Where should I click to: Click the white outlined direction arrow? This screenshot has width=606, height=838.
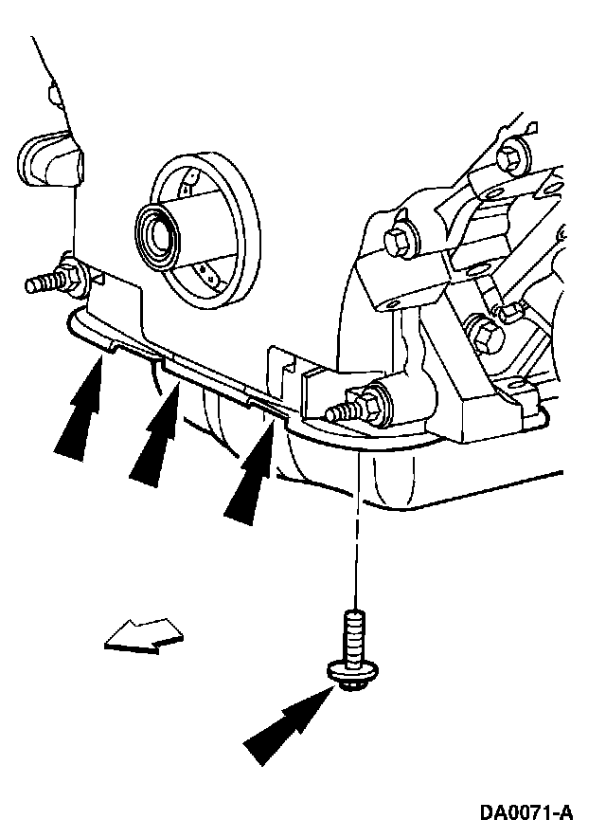(x=144, y=636)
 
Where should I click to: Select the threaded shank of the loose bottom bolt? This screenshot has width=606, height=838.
(x=353, y=635)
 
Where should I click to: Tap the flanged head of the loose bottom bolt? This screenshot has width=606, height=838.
(x=352, y=674)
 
